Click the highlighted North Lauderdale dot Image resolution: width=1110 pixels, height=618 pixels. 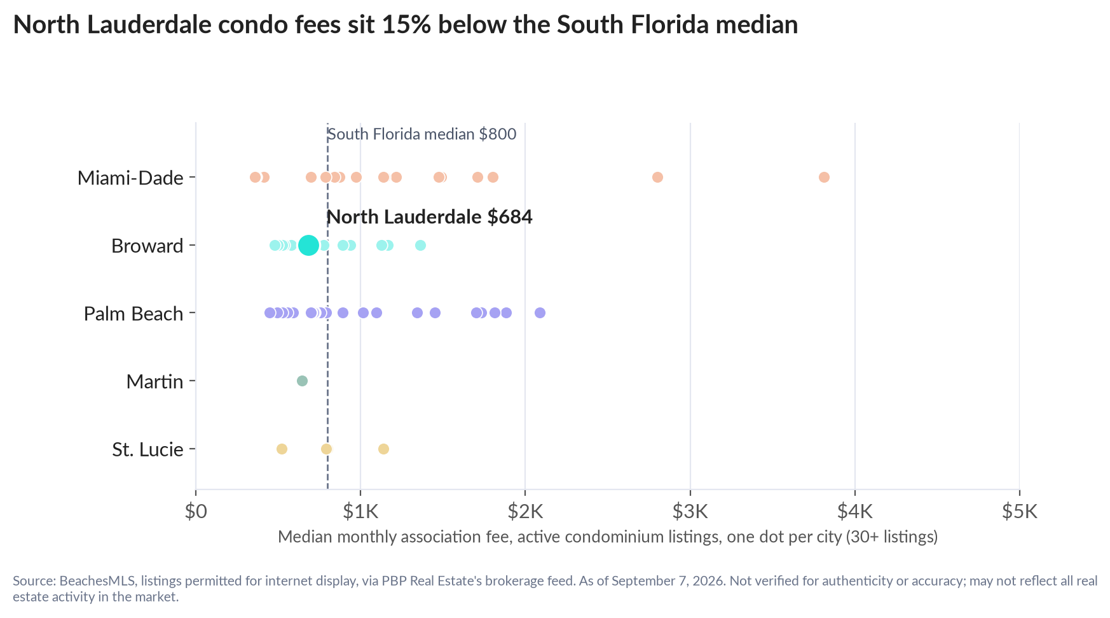click(308, 245)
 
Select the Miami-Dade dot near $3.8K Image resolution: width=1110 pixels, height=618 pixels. click(824, 177)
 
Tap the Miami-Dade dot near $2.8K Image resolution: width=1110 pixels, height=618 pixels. click(657, 177)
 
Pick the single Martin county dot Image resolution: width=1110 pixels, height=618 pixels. click(302, 381)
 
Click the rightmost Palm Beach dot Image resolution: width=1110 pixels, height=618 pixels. click(540, 313)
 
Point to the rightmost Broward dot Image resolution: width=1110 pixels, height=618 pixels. click(420, 245)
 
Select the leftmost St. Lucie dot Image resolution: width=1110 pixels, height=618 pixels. click(282, 449)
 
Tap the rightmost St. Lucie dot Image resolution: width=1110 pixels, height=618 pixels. click(383, 449)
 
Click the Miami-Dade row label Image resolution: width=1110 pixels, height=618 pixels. click(130, 178)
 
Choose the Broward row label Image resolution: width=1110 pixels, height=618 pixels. click(147, 246)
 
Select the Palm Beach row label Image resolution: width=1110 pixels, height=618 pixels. click(134, 314)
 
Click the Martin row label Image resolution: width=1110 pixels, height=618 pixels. click(155, 382)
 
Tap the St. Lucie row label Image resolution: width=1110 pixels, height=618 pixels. click(148, 450)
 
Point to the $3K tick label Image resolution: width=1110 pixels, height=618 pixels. click(690, 511)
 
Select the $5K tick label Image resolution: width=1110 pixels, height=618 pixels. click(1020, 511)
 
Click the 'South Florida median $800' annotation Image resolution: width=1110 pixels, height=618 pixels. click(421, 134)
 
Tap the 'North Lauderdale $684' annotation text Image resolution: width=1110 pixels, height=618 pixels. click(429, 217)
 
